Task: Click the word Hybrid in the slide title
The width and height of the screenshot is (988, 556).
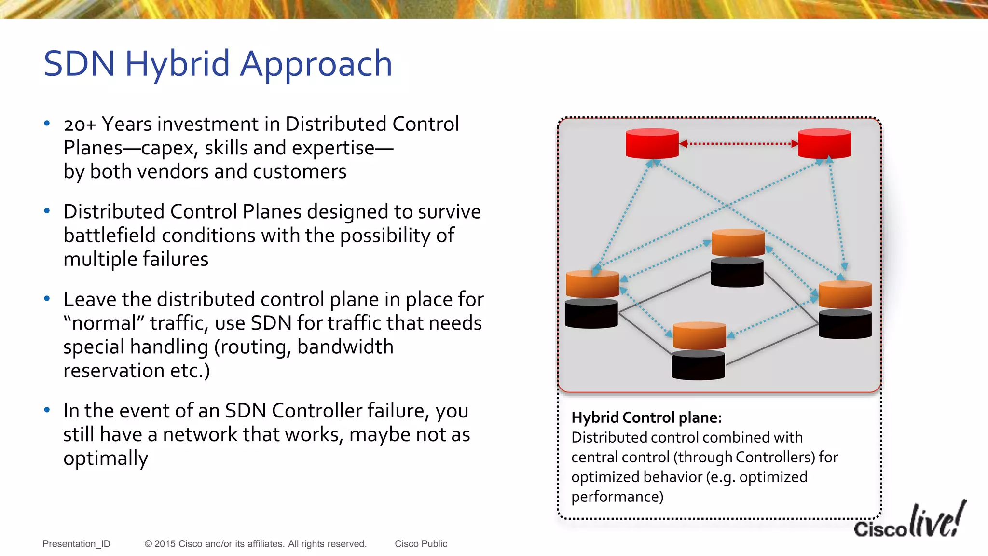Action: click(177, 64)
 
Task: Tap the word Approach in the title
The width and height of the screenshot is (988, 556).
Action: click(316, 64)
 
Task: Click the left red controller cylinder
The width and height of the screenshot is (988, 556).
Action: click(652, 143)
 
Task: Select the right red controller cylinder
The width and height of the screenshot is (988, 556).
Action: click(824, 143)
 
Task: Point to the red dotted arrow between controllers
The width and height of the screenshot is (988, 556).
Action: click(738, 143)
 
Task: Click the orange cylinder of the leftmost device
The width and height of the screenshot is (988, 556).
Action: click(592, 284)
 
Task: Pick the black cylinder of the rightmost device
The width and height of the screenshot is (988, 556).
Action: click(845, 324)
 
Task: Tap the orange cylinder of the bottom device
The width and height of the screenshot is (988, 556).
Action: click(699, 336)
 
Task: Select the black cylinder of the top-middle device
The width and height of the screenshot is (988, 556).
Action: click(737, 273)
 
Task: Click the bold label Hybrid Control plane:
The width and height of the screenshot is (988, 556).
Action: click(646, 417)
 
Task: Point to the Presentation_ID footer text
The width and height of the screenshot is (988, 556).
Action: click(76, 544)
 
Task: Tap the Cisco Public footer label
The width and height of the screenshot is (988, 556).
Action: click(421, 544)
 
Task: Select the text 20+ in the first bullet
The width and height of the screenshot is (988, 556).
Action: click(80, 125)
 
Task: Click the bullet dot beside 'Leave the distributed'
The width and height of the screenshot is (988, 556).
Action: click(47, 299)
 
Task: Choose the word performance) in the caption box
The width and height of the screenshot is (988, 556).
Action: click(617, 497)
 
